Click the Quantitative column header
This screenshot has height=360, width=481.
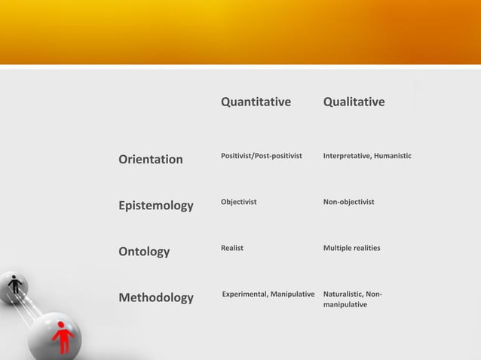pyautogui.click(x=256, y=102)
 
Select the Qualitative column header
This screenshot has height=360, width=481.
pyautogui.click(x=354, y=102)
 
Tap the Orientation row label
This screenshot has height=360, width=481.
pyautogui.click(x=151, y=159)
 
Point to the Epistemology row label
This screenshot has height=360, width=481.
pyautogui.click(x=156, y=205)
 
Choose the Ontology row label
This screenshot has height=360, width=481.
pyautogui.click(x=144, y=252)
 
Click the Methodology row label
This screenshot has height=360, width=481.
pyautogui.click(x=156, y=297)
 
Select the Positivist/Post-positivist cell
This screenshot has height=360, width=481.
pyautogui.click(x=261, y=156)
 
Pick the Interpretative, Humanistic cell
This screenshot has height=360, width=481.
pyautogui.click(x=367, y=156)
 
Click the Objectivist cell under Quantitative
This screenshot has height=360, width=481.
pyautogui.click(x=238, y=202)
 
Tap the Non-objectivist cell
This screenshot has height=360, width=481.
pyautogui.click(x=348, y=202)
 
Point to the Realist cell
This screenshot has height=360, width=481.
pyautogui.click(x=231, y=248)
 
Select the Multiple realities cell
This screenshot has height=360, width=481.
pyautogui.click(x=351, y=248)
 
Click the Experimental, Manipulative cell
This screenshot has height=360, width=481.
pyautogui.click(x=268, y=293)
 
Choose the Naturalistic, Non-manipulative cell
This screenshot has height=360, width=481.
pyautogui.click(x=352, y=299)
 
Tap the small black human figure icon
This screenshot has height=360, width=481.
pyautogui.click(x=14, y=285)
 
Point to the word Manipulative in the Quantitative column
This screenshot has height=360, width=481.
pyautogui.click(x=292, y=293)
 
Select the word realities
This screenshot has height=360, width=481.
pyautogui.click(x=365, y=248)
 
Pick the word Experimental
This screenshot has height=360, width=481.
pyautogui.click(x=244, y=293)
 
